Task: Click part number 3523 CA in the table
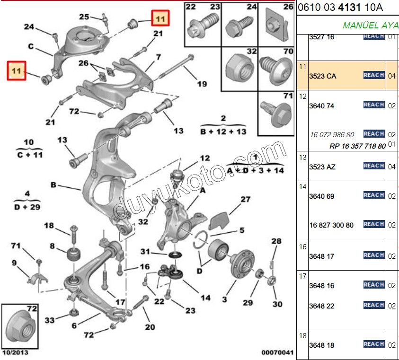(x=322, y=76)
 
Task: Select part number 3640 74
(x=321, y=106)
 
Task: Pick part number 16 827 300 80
(x=331, y=225)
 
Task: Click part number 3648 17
(x=321, y=256)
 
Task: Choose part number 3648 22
(x=321, y=306)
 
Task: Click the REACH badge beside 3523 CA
(x=373, y=75)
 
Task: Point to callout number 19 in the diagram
(x=202, y=84)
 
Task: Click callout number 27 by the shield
(x=245, y=200)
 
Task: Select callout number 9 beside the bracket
(x=14, y=263)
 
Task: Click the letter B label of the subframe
(x=53, y=185)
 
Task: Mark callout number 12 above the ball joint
(x=204, y=158)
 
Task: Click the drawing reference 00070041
(x=277, y=353)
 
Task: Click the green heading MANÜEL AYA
(x=370, y=25)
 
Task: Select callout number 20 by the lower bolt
(x=150, y=326)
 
